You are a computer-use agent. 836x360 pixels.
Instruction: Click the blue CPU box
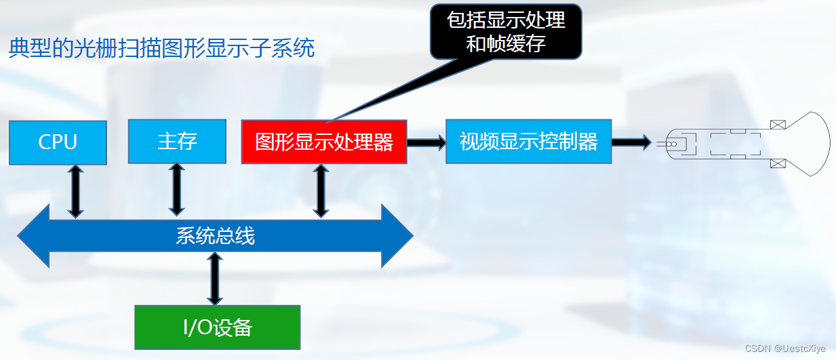(x=58, y=142)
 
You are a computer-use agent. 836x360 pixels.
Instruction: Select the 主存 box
(x=177, y=141)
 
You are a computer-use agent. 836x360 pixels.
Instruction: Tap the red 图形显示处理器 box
(x=324, y=142)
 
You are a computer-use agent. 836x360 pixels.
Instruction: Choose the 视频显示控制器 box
(x=528, y=141)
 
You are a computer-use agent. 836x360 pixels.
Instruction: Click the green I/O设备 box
(x=217, y=327)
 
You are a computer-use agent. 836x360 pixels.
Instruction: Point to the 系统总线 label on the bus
(x=215, y=236)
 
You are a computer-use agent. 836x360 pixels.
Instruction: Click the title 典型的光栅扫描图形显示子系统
(x=161, y=49)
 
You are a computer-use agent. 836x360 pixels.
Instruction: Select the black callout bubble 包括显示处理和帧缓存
(x=506, y=31)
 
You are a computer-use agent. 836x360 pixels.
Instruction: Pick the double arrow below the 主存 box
(x=177, y=189)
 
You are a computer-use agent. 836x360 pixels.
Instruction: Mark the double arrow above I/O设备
(x=215, y=278)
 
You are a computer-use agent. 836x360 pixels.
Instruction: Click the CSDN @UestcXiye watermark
(x=785, y=348)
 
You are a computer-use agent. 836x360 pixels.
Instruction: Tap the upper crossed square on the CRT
(x=778, y=124)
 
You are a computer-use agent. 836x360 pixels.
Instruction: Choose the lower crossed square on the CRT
(x=778, y=163)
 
